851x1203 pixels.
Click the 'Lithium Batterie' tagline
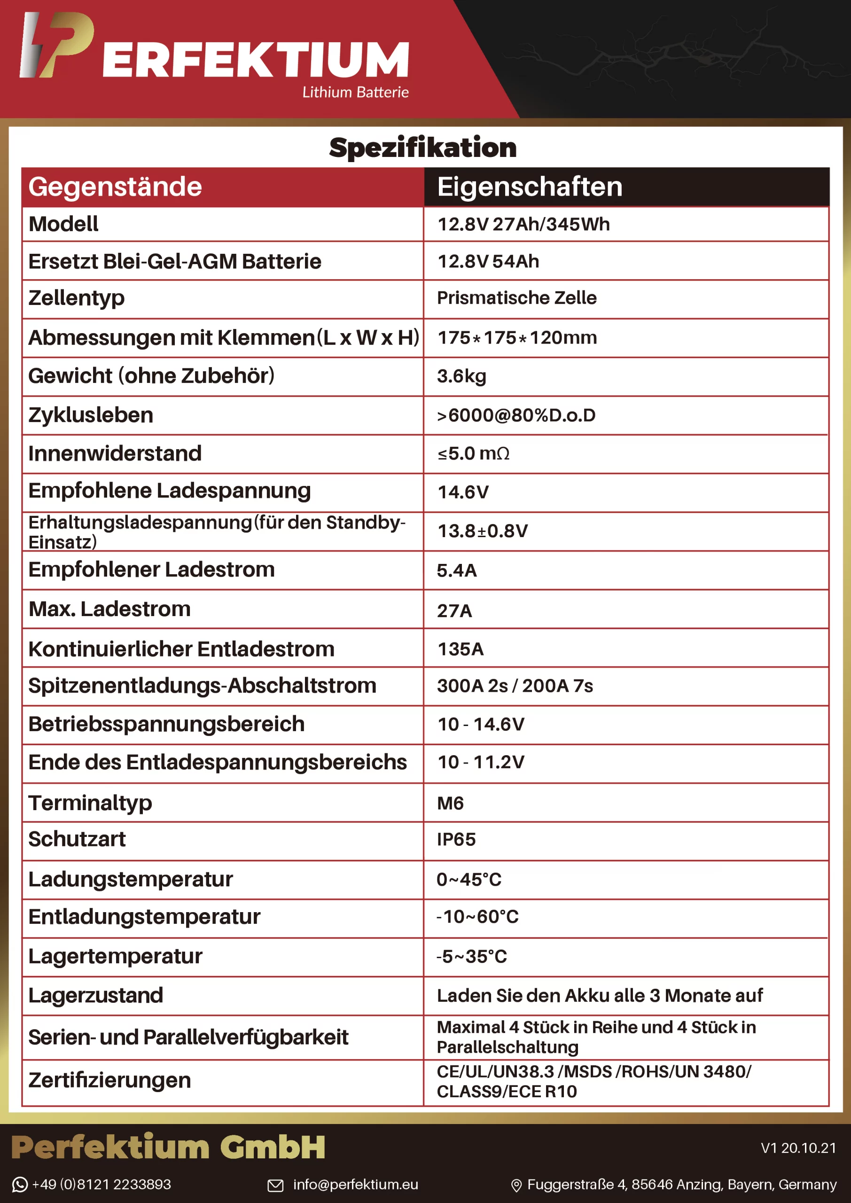tap(355, 92)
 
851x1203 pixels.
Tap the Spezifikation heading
tap(422, 147)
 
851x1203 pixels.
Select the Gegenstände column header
tap(115, 187)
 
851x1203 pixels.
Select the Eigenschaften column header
tap(529, 187)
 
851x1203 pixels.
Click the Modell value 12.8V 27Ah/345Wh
tap(523, 224)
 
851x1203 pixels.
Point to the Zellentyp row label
tap(77, 297)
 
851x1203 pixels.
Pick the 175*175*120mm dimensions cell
tap(517, 337)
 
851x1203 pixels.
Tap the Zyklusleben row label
tap(91, 415)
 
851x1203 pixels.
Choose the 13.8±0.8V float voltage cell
tap(482, 531)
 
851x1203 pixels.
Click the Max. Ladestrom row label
tap(109, 609)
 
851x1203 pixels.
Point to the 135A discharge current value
tap(460, 648)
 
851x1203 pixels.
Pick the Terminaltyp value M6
tap(450, 803)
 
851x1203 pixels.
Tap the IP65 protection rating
tap(456, 839)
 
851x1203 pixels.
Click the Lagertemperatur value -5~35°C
tap(472, 956)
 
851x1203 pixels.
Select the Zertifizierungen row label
tap(109, 1080)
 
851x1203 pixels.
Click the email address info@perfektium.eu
tap(355, 1184)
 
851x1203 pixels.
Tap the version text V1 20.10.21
tap(797, 1148)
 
